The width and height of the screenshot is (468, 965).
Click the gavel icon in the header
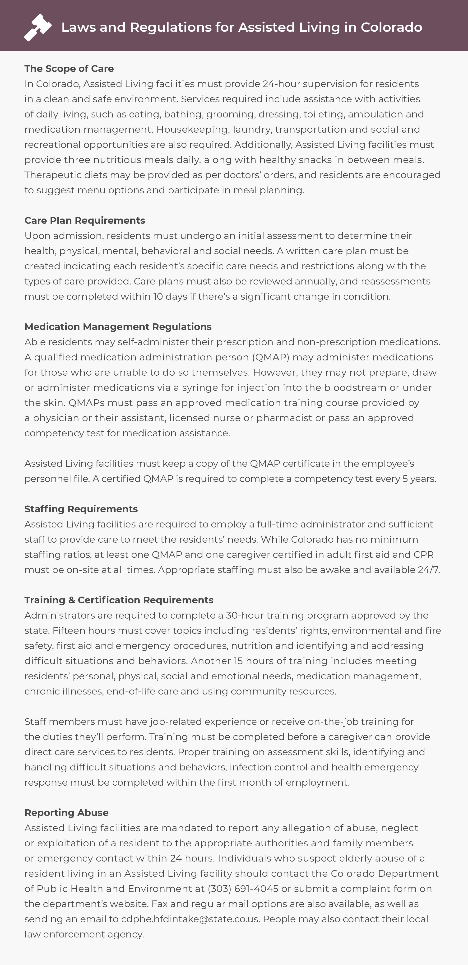tap(37, 27)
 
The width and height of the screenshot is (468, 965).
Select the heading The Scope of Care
tap(69, 69)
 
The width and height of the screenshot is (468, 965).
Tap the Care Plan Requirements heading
tap(85, 220)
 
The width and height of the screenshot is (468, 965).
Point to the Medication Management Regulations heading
tap(118, 327)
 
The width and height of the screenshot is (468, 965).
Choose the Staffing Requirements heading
tap(81, 509)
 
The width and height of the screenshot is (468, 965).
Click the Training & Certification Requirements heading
tap(119, 600)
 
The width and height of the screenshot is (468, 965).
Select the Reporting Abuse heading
tap(66, 812)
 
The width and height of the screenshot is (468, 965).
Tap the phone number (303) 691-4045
tap(243, 889)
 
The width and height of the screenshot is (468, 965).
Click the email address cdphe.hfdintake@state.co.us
tap(190, 919)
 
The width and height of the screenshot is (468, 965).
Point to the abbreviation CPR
tap(423, 555)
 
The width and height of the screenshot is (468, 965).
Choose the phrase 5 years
tap(419, 479)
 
